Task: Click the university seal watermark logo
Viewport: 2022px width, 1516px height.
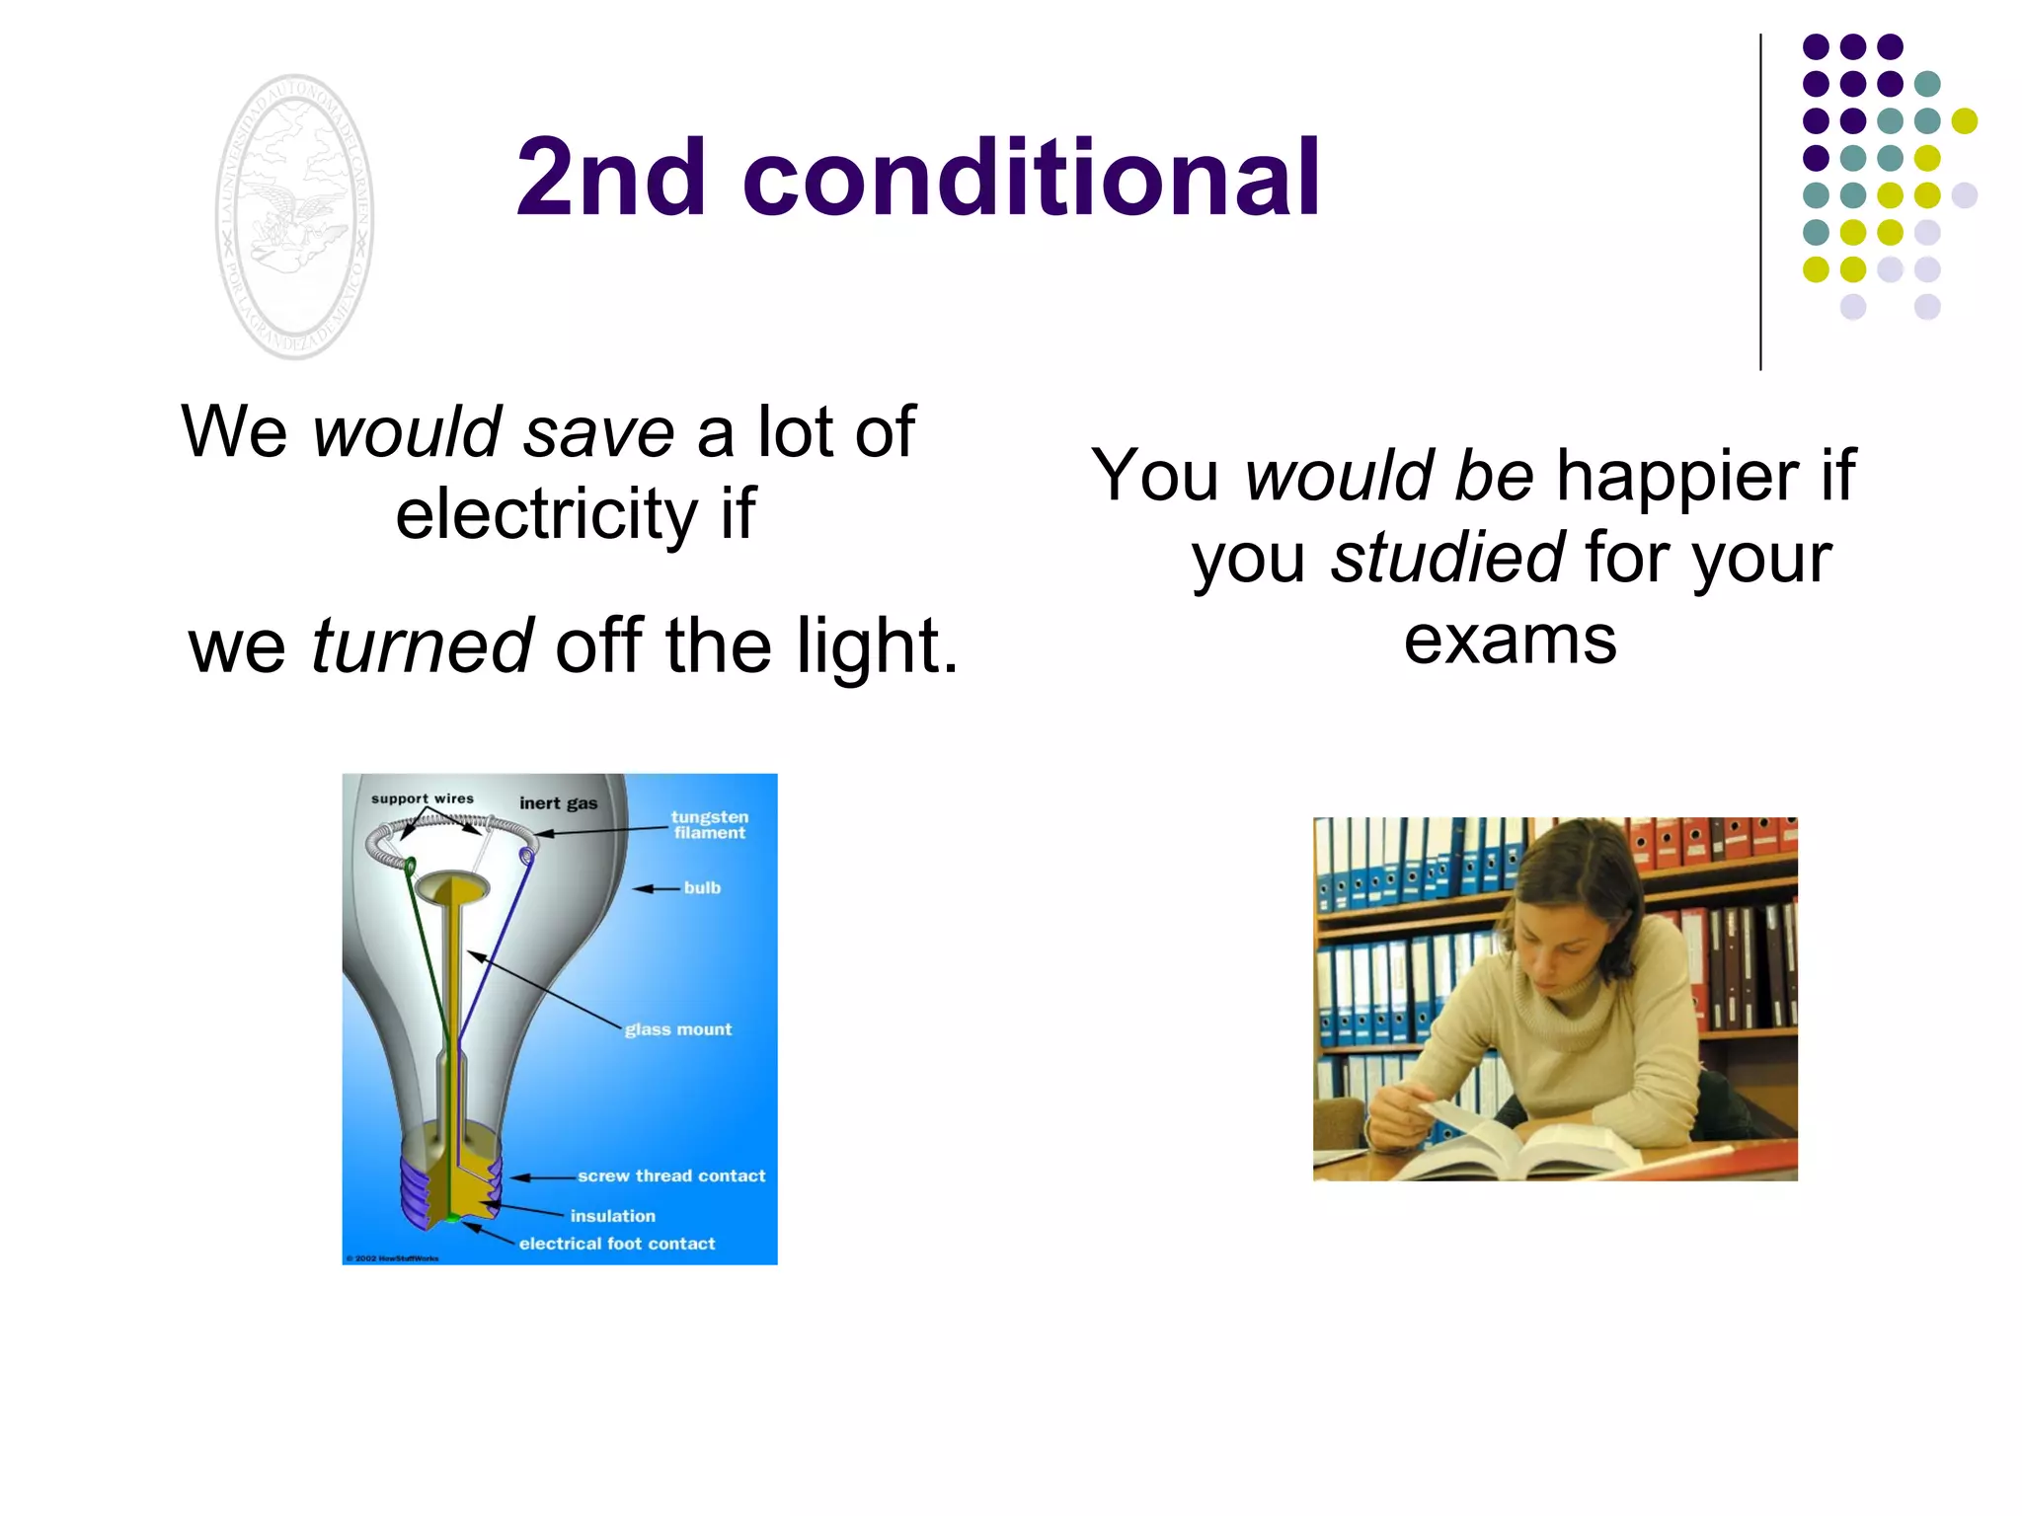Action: tap(294, 217)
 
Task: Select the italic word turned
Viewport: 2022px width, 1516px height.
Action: tap(423, 646)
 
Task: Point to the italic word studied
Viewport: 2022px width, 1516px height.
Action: tap(1446, 558)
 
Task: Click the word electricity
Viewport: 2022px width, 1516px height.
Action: tap(546, 515)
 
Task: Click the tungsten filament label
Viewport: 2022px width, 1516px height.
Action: tap(709, 824)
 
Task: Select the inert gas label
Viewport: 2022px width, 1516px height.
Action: tap(558, 803)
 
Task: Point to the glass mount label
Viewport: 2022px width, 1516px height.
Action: tap(678, 1029)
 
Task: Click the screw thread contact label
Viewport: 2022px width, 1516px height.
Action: tap(671, 1175)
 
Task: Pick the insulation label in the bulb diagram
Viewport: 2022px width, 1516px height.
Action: tap(612, 1216)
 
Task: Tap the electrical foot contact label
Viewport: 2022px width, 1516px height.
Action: tap(617, 1244)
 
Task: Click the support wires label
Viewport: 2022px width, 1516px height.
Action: tap(423, 798)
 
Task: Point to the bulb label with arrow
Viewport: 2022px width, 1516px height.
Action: tap(702, 888)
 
